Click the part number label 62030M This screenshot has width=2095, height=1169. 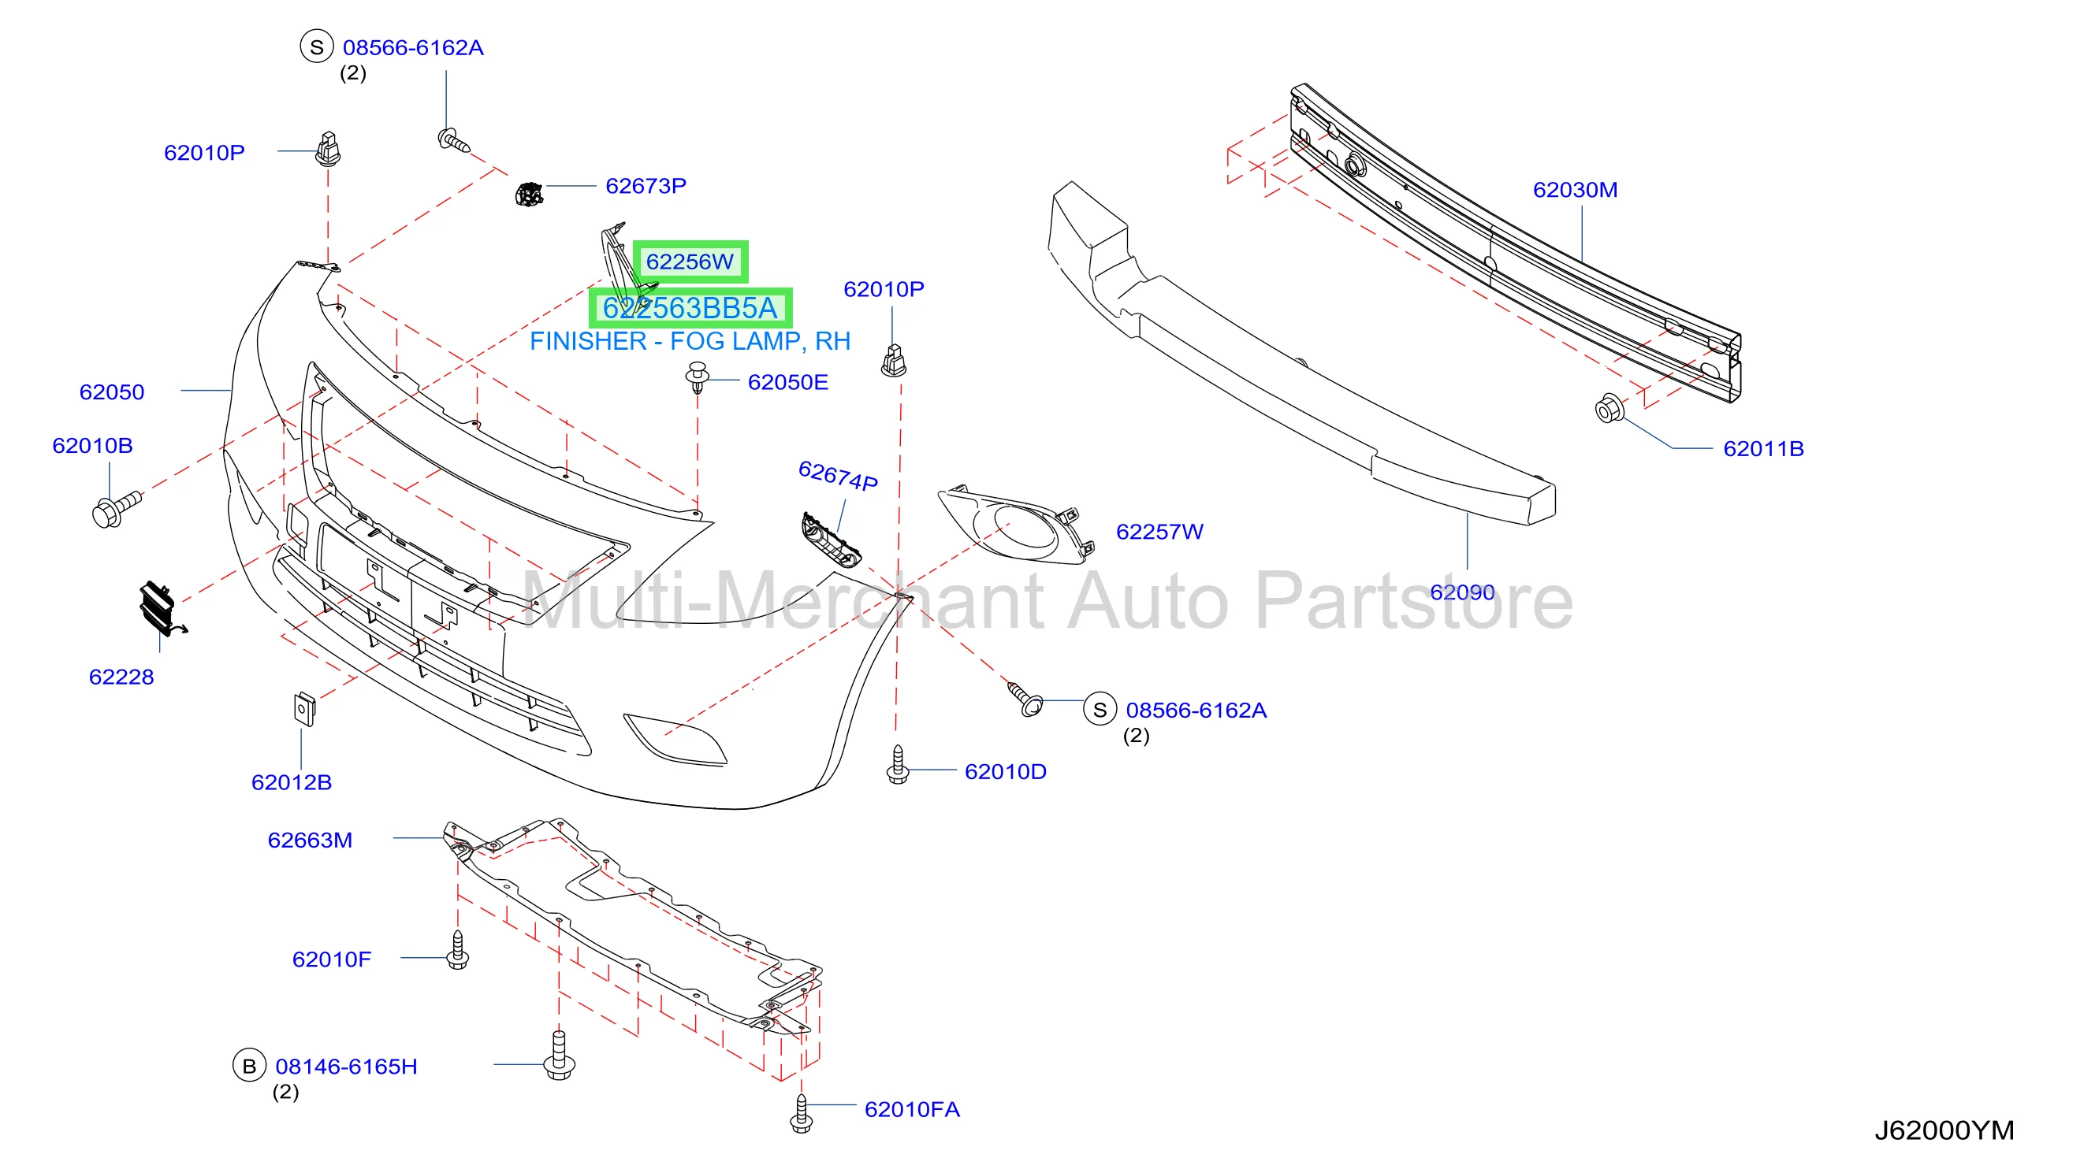(1575, 189)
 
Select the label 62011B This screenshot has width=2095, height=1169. (1763, 448)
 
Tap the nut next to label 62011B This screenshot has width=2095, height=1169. (1609, 408)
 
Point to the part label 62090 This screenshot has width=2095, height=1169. (1461, 592)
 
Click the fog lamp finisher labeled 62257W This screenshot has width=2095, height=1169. (1017, 525)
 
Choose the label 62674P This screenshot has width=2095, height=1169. (838, 476)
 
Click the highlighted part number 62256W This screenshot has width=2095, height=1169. (690, 262)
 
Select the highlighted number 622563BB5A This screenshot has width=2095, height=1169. (690, 308)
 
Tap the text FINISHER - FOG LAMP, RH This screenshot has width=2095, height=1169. (690, 341)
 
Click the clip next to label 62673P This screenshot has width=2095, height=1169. (529, 195)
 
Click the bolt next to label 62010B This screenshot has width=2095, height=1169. (117, 509)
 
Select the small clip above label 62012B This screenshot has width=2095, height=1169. (304, 708)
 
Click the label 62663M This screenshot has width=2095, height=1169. (310, 840)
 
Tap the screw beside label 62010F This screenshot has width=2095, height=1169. (458, 949)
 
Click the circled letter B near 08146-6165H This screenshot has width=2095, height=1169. (250, 1066)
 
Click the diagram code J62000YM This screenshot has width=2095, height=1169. (1944, 1130)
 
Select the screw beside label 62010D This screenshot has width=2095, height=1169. (897, 764)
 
